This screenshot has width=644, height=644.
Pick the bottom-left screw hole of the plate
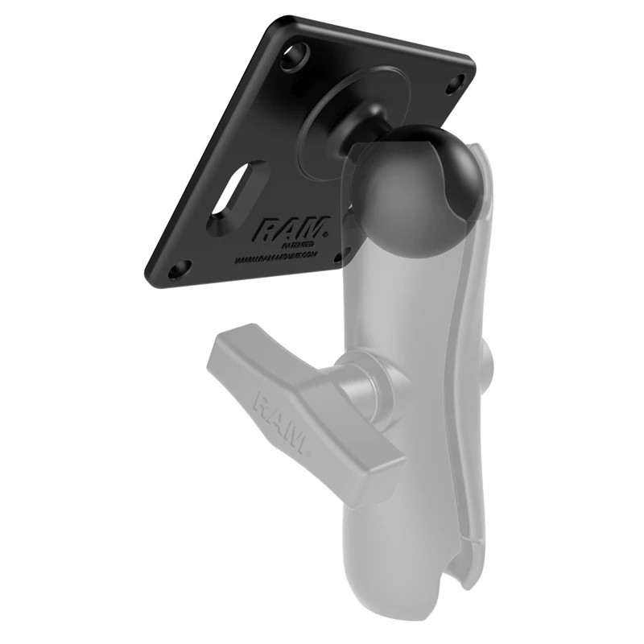tap(180, 267)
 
